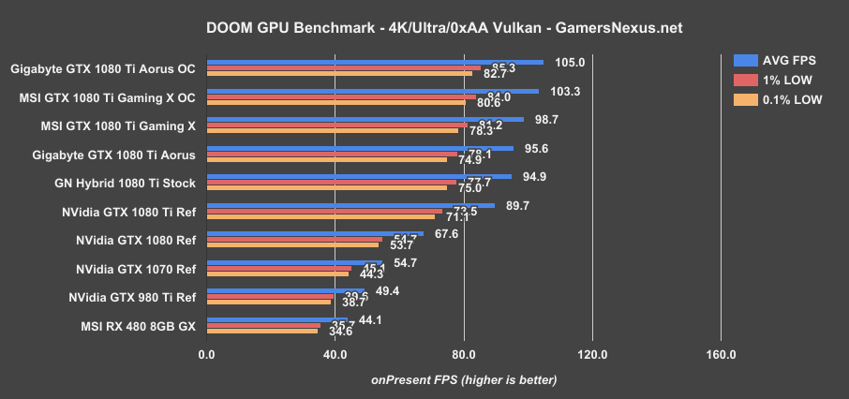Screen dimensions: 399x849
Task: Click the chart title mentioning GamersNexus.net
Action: click(424, 28)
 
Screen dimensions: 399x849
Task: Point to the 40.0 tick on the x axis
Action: click(335, 354)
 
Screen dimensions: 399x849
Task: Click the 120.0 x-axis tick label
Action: click(592, 354)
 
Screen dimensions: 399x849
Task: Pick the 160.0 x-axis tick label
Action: click(721, 354)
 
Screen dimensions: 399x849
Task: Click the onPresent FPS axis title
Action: click(464, 379)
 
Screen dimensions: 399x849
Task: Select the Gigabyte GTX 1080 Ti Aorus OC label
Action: click(104, 68)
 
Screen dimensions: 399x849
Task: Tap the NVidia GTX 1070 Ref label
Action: click(136, 270)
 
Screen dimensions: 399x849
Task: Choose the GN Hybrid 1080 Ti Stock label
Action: click(126, 183)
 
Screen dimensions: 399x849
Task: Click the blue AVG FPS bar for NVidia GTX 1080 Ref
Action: click(314, 234)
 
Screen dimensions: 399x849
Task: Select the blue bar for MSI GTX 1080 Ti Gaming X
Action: click(365, 119)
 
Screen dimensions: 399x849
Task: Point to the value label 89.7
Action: click(520, 205)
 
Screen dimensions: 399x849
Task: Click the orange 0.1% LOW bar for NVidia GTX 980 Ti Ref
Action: click(268, 303)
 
